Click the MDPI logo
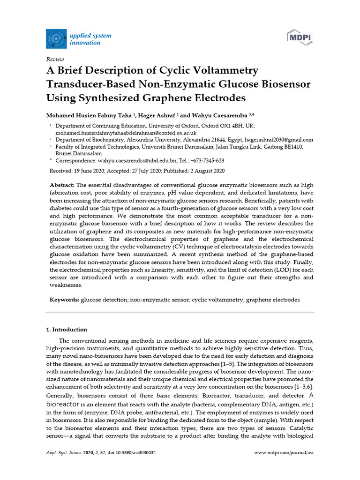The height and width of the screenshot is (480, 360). [x=300, y=37]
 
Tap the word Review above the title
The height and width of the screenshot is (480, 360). [x=55, y=59]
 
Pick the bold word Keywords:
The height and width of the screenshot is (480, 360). [x=65, y=299]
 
